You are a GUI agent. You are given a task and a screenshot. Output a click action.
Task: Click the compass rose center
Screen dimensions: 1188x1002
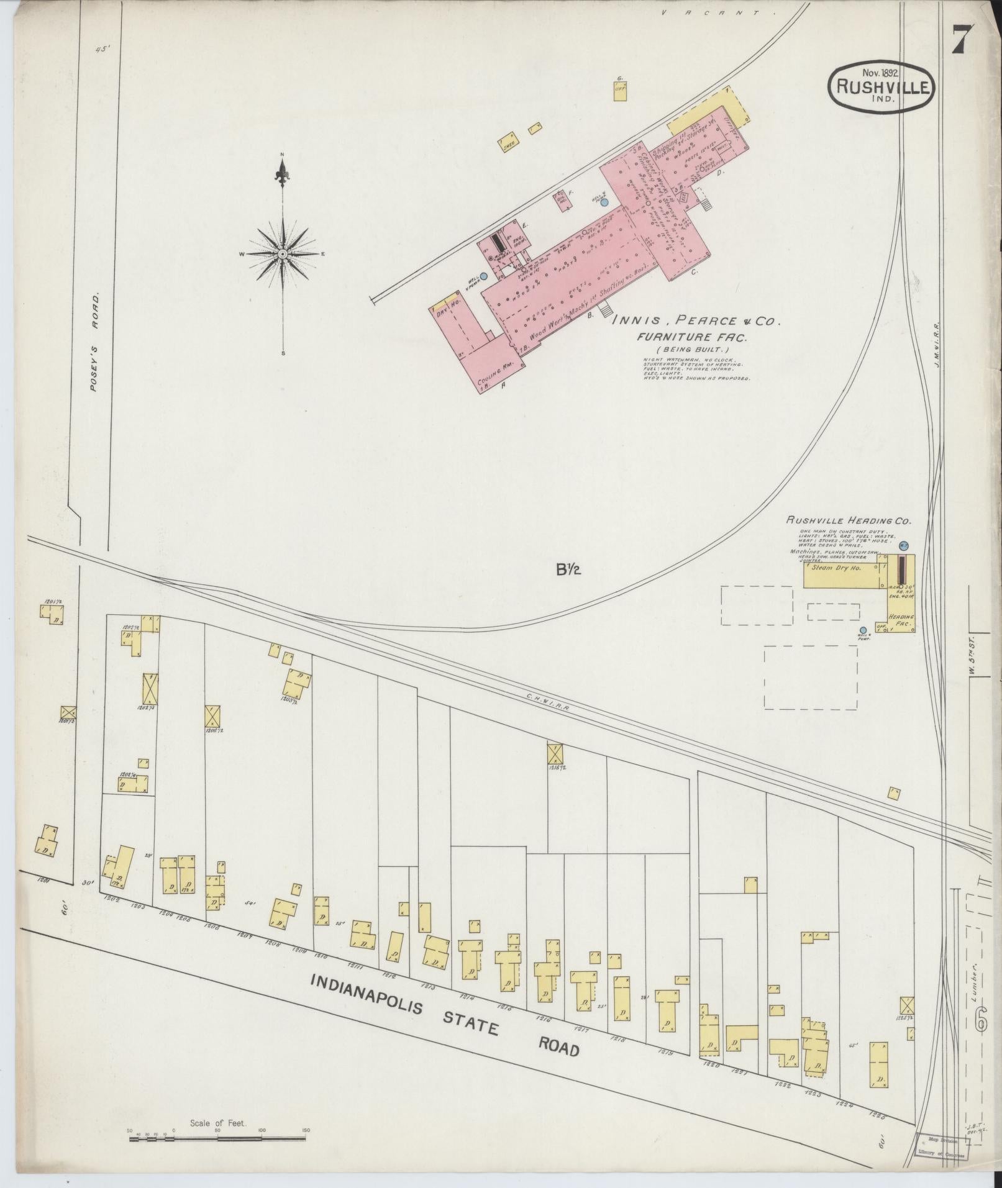(283, 254)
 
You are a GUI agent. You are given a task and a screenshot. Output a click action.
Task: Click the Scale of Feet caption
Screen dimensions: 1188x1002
(217, 1123)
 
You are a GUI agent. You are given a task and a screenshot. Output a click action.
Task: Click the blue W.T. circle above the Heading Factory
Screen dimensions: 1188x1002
(904, 545)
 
